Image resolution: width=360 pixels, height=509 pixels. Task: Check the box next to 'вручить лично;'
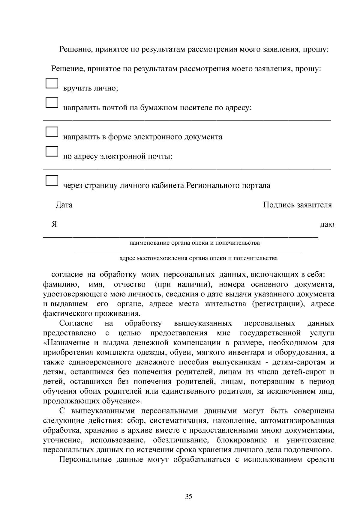coord(52,83)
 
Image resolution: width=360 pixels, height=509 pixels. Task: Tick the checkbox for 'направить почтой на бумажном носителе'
coord(52,103)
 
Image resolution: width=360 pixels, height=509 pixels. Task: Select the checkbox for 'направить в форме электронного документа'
coord(52,132)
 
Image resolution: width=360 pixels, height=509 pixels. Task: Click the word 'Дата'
coord(64,205)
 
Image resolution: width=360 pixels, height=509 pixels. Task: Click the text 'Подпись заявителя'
coord(297,205)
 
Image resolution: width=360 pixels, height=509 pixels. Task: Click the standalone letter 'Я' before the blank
coord(54,224)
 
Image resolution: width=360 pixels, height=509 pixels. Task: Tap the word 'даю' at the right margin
coord(327,225)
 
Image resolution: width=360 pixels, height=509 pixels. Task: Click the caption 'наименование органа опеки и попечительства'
coord(194,243)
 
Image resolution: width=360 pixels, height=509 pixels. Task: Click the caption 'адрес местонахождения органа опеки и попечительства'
coord(198,258)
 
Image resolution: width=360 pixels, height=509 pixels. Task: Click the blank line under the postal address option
coord(187,120)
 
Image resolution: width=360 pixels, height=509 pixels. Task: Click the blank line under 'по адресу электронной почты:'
coord(187,169)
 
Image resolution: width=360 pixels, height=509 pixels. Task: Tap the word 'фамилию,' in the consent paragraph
coord(61,284)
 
